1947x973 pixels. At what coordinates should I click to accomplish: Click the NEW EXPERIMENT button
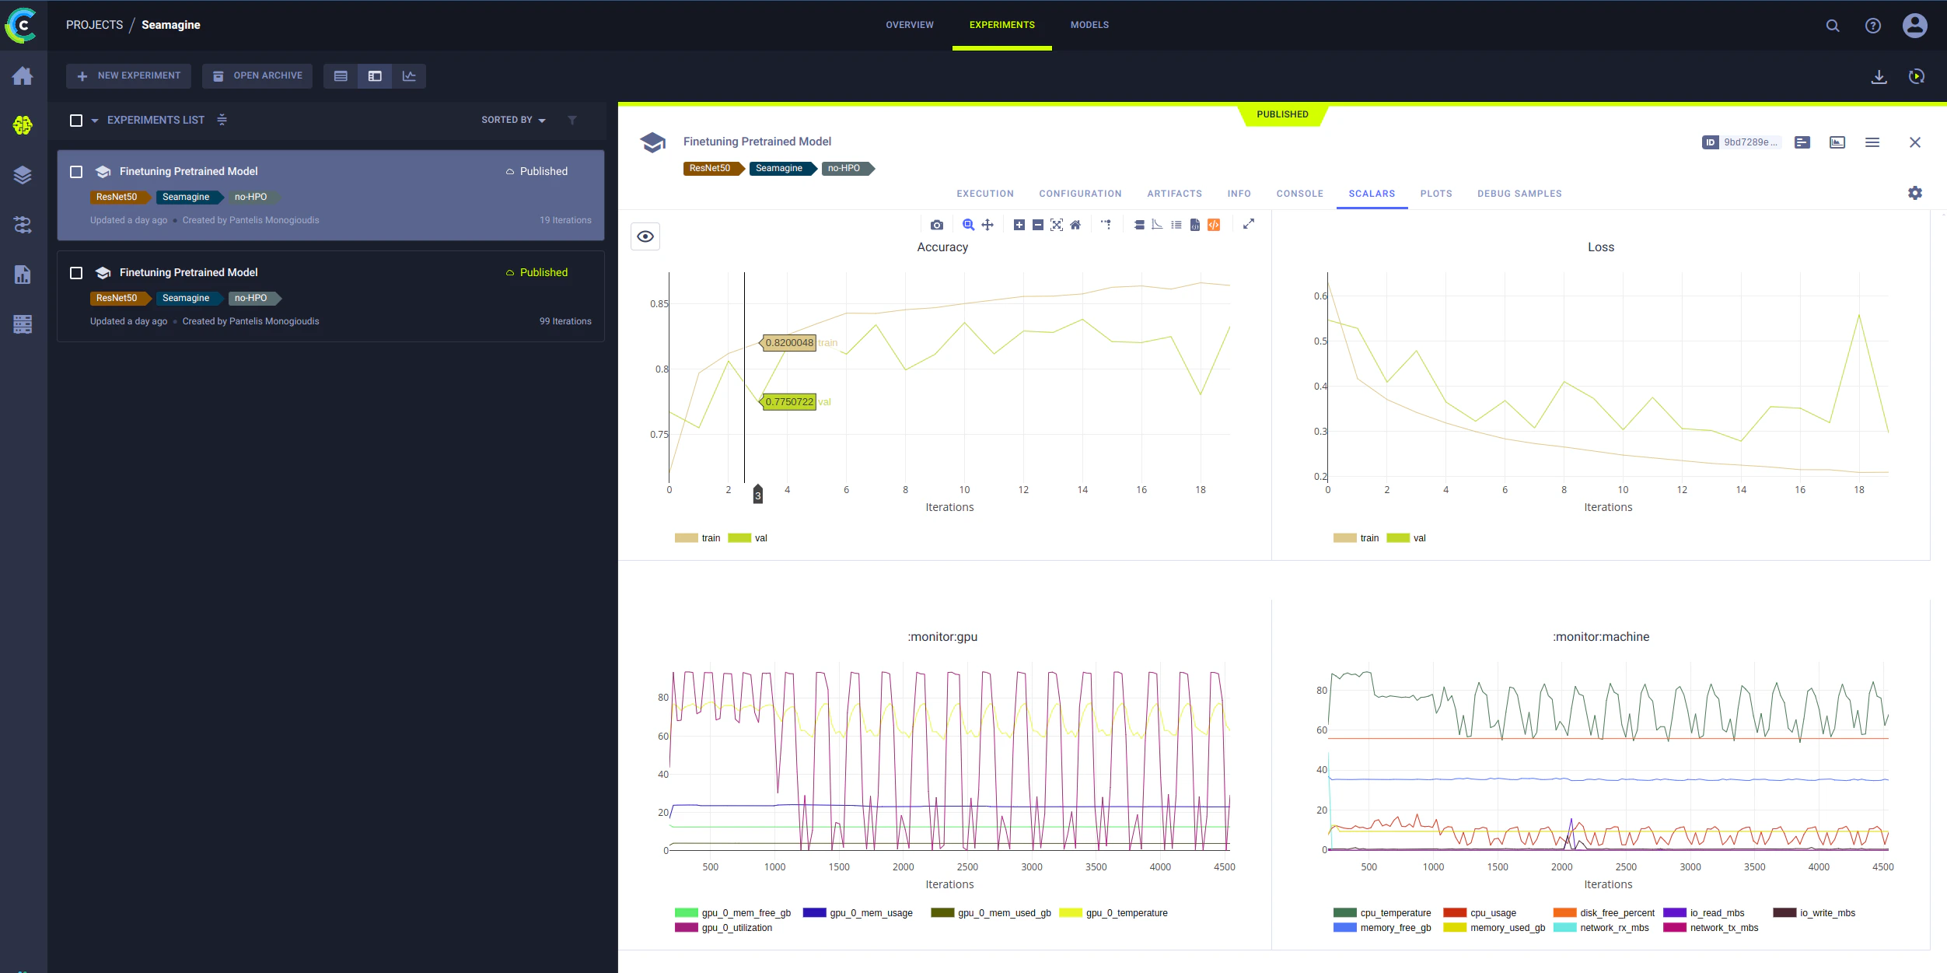(128, 75)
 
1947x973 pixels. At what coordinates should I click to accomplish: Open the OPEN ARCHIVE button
(257, 75)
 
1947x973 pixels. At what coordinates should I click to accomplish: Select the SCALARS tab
(1372, 194)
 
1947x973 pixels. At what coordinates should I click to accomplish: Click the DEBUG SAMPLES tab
(1519, 194)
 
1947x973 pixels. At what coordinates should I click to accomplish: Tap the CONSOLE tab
(1299, 194)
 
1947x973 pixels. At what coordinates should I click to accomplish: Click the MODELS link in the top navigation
(1089, 25)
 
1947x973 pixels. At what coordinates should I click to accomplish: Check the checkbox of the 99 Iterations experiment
(76, 273)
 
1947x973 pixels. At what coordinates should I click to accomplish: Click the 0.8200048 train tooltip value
(788, 342)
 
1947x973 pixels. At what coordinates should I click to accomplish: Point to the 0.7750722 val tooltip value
(788, 402)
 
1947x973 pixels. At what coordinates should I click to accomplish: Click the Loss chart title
(1600, 247)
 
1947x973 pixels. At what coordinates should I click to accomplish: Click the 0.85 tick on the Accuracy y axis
(659, 304)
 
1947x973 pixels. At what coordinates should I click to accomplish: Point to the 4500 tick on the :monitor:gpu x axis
(1224, 867)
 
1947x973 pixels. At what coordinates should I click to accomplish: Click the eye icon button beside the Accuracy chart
(645, 236)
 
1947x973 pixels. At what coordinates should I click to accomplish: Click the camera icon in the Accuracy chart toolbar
(937, 225)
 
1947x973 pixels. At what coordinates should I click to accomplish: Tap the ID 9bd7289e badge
(1741, 142)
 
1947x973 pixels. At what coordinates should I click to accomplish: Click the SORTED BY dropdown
(513, 120)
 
